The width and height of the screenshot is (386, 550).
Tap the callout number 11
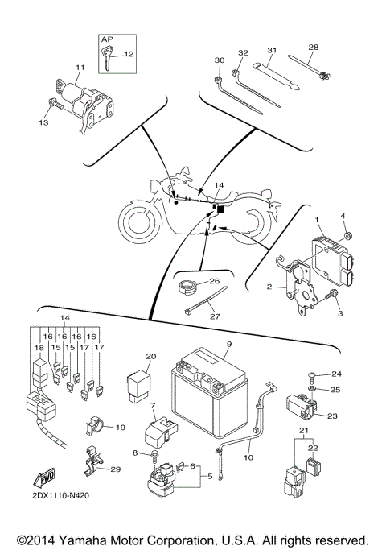80,67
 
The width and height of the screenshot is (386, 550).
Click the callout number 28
313,48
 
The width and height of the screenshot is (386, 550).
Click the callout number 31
273,51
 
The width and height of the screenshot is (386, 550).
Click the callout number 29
115,469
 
